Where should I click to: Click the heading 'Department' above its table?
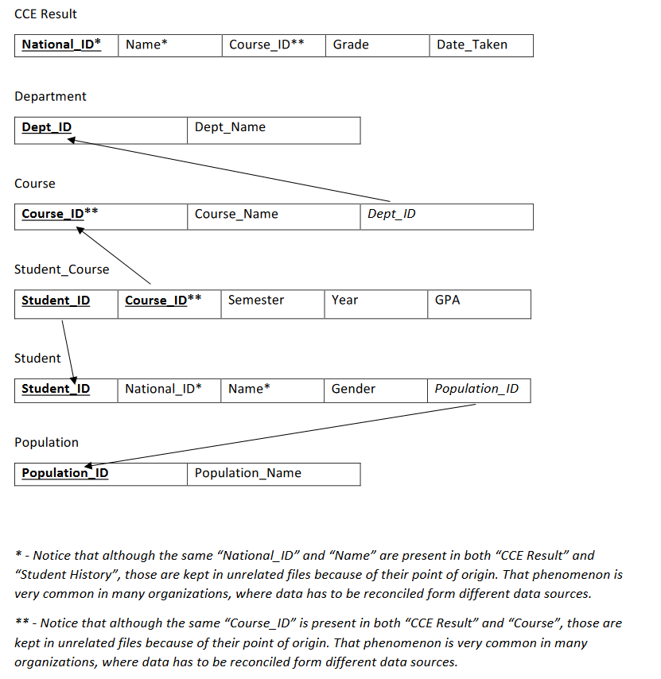tap(50, 96)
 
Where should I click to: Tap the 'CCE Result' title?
tap(45, 14)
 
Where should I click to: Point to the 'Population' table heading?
tap(46, 442)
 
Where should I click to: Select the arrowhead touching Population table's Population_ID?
tap(88, 464)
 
